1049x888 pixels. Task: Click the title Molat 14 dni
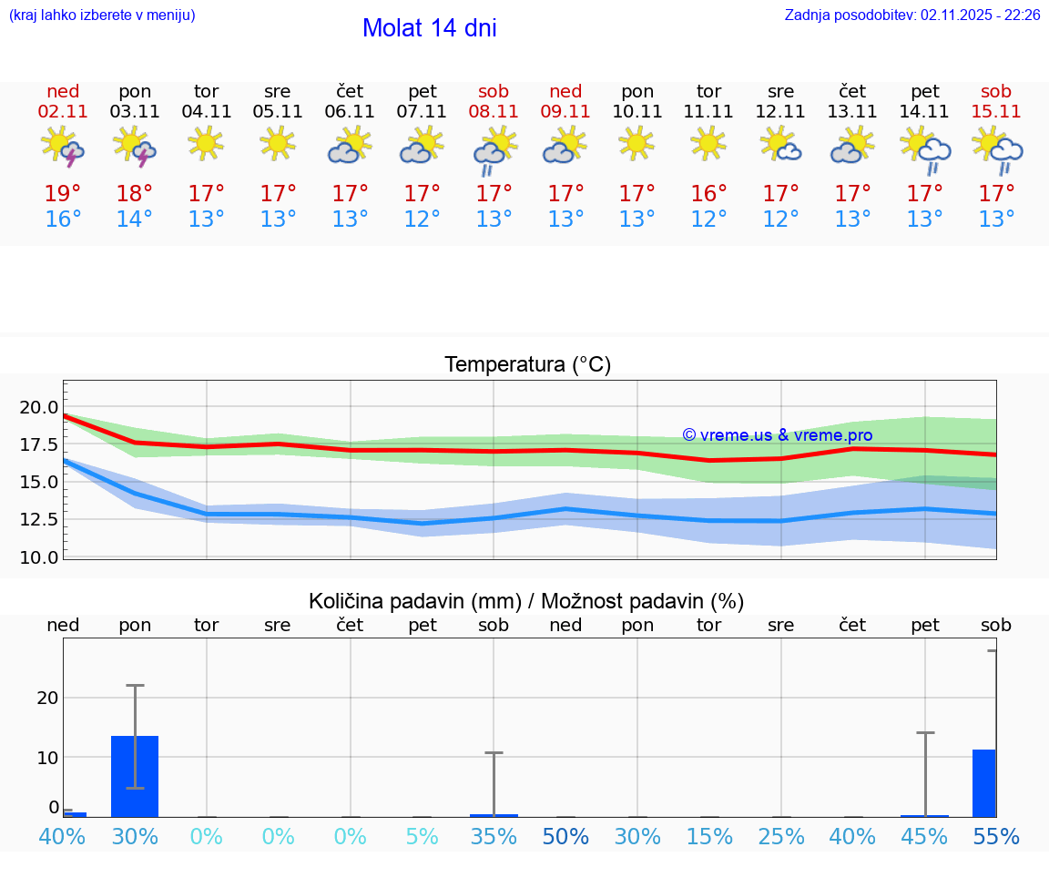click(429, 28)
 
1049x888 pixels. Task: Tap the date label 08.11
click(494, 112)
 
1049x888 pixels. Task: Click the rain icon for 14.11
click(925, 150)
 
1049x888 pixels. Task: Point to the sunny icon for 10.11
click(637, 143)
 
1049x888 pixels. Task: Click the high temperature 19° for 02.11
click(63, 194)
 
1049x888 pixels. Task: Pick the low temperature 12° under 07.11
click(422, 219)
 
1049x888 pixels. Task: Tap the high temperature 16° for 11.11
click(708, 194)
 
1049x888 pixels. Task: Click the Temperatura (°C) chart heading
click(527, 365)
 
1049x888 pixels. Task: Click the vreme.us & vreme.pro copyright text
click(777, 435)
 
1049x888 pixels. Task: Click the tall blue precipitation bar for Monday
click(135, 776)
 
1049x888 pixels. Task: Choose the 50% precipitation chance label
click(565, 837)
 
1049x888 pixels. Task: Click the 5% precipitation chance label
click(422, 837)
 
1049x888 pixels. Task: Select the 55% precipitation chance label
click(996, 837)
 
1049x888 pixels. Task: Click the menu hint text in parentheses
click(102, 15)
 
